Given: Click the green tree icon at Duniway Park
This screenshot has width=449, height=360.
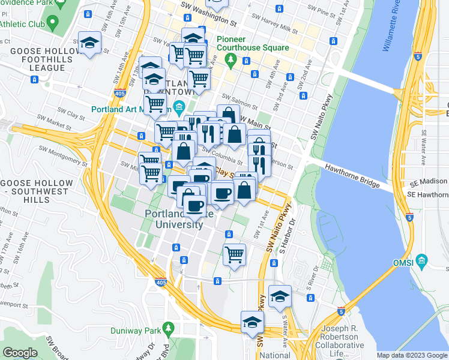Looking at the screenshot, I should coord(169,328).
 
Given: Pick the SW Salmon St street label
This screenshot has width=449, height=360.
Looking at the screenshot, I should coord(235,97).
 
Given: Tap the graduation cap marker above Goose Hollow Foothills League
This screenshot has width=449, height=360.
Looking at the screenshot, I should coord(90,43).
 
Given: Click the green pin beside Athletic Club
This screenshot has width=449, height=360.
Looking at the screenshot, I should coord(52,23).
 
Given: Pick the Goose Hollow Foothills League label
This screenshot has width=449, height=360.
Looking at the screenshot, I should coord(37,59).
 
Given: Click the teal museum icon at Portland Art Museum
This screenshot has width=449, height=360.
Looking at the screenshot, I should coord(178,109).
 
